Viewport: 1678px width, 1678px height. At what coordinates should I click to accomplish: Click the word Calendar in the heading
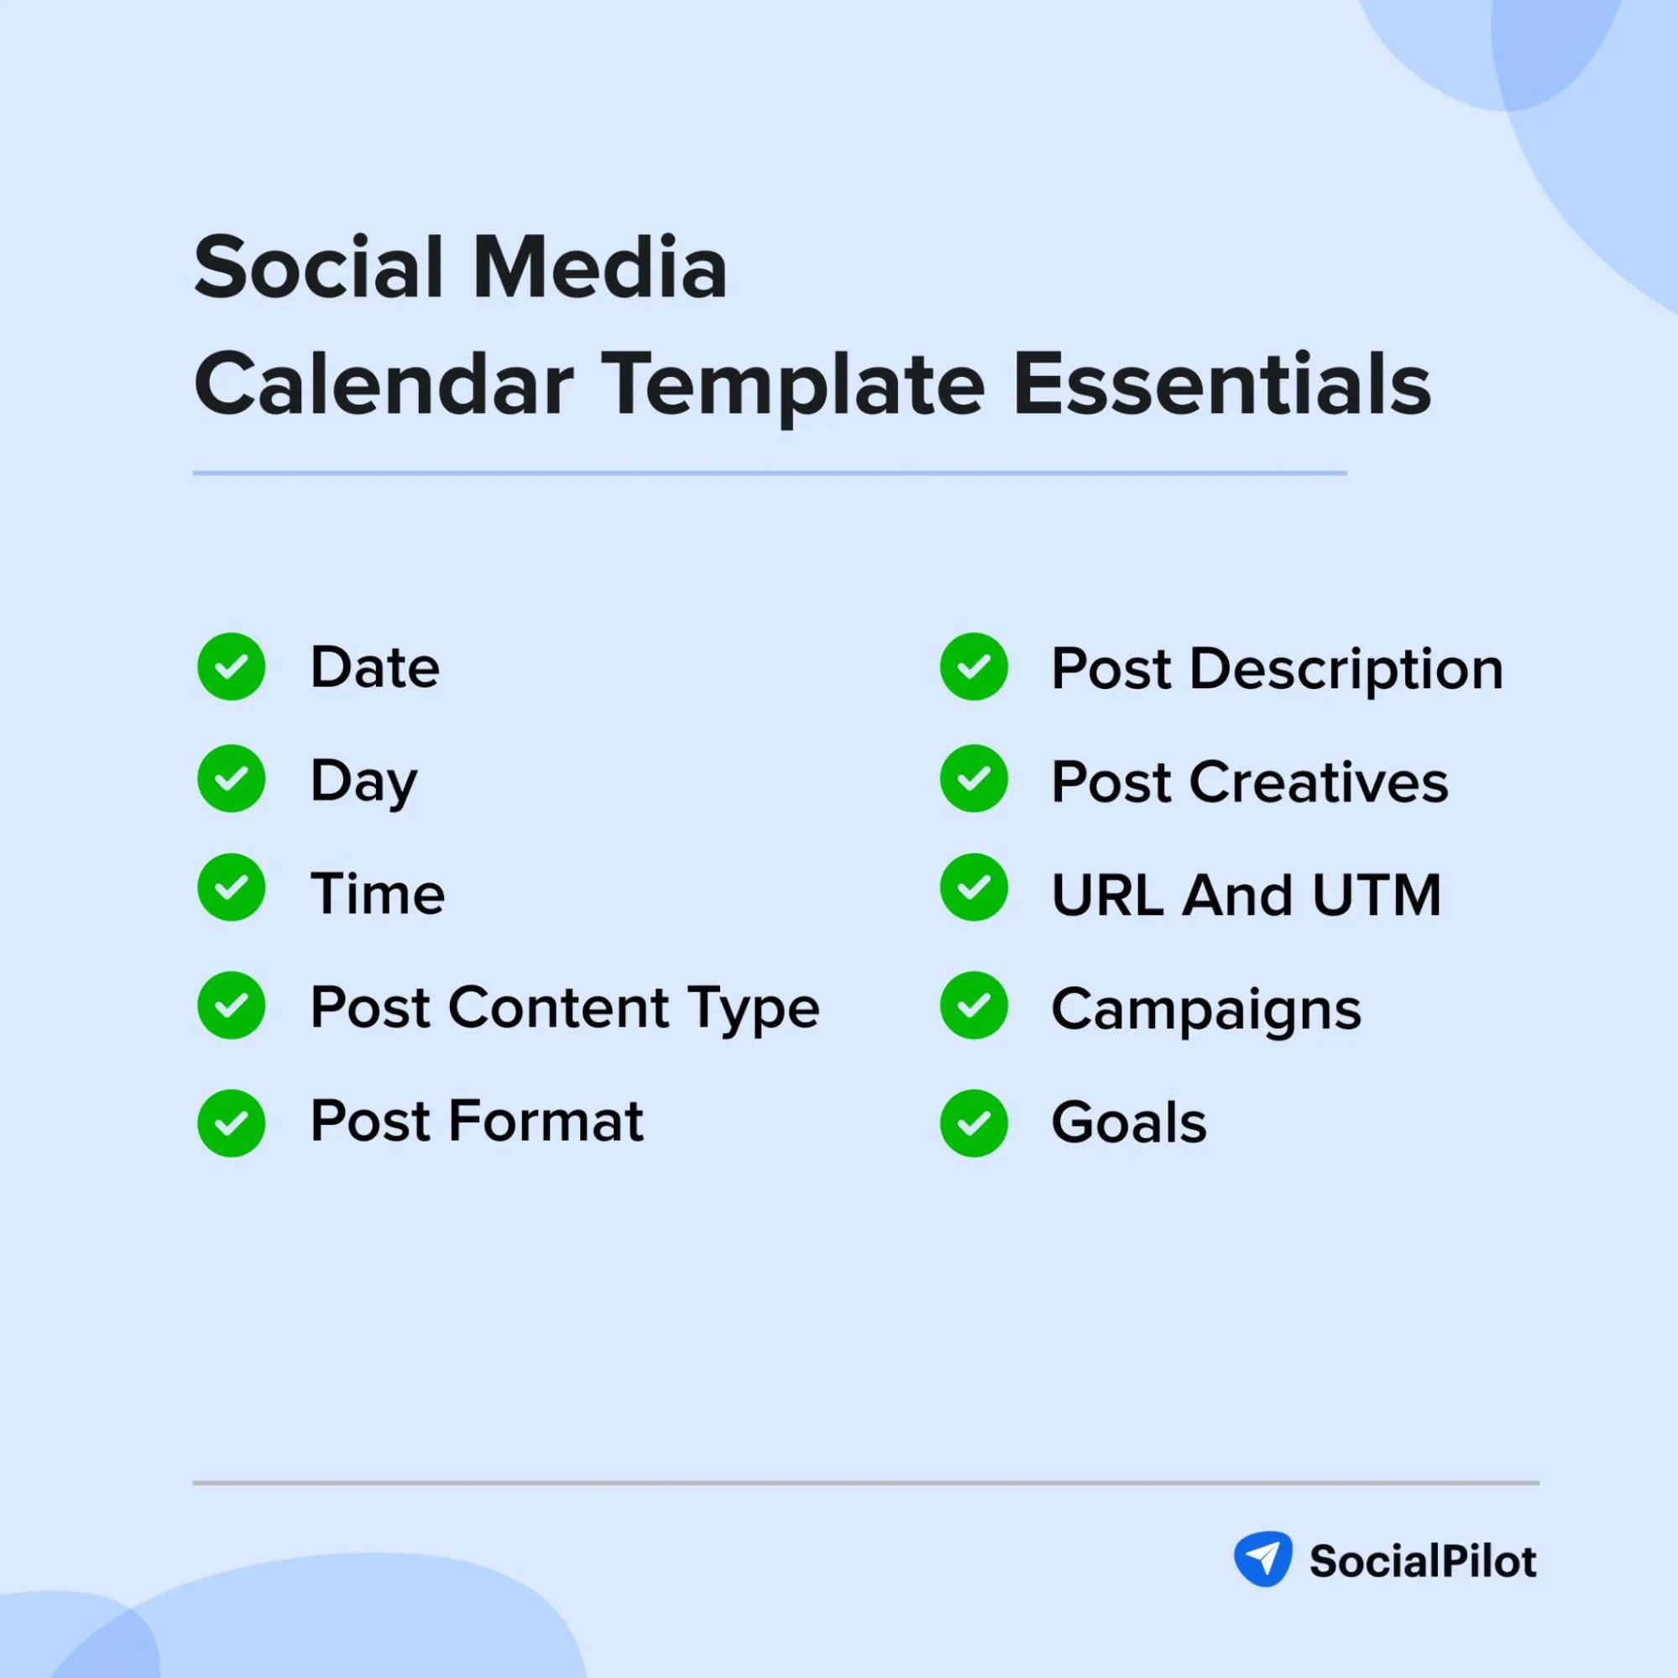click(x=384, y=384)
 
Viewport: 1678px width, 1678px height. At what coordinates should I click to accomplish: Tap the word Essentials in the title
click(x=1222, y=384)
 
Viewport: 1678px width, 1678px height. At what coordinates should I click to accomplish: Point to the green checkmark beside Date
click(x=231, y=666)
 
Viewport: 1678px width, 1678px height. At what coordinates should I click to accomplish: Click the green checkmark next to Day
click(x=231, y=778)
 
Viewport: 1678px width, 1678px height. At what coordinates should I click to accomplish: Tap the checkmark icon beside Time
click(x=231, y=886)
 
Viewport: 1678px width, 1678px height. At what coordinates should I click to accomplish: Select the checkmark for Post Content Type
click(x=231, y=1005)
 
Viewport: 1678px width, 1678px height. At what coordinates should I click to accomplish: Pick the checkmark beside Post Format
click(x=231, y=1123)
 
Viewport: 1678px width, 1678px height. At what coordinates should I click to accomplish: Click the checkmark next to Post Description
click(x=974, y=666)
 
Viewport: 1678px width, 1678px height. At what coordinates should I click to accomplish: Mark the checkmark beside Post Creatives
click(x=974, y=778)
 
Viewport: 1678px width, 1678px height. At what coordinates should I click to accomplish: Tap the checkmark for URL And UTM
click(x=974, y=886)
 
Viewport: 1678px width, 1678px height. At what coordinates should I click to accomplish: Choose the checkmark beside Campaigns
click(x=974, y=1005)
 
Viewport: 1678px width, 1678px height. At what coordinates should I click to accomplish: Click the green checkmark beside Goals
click(x=974, y=1123)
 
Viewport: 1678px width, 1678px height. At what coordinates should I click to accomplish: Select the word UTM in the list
click(x=1377, y=894)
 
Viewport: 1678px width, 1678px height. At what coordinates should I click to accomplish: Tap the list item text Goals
click(x=1128, y=1122)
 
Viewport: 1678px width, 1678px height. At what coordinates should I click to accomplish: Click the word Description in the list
click(x=1346, y=671)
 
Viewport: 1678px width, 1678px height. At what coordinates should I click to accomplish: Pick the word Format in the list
click(x=546, y=1121)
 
